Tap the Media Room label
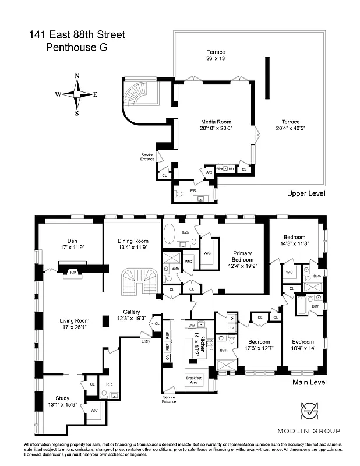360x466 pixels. coord(216,125)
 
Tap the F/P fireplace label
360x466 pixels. coord(73,272)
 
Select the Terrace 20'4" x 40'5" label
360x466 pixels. coord(287,125)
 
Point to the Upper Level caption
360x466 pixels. coord(306,193)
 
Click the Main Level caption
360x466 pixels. coord(308,382)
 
